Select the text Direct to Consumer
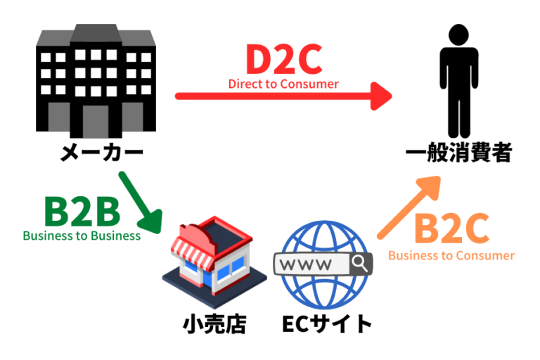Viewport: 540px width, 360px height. tap(283, 84)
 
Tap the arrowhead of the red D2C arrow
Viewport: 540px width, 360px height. tap(380, 96)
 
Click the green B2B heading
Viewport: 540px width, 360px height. tap(81, 211)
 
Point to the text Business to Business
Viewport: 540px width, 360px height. tap(82, 236)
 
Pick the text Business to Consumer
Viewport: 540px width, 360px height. tap(451, 255)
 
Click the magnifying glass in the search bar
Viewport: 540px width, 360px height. tap(361, 264)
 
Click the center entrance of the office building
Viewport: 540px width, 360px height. tap(96, 120)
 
